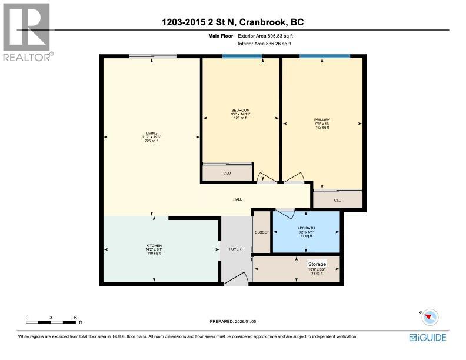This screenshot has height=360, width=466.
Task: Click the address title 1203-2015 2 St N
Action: click(x=232, y=23)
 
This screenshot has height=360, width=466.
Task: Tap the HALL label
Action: click(x=238, y=199)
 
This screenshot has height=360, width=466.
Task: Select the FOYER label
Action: click(x=235, y=249)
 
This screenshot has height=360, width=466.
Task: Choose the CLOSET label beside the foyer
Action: click(x=262, y=232)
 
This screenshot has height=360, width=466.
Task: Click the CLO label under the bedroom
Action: click(x=227, y=174)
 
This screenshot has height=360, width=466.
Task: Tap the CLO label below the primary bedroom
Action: click(x=337, y=200)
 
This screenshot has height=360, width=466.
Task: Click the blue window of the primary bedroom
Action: click(x=324, y=56)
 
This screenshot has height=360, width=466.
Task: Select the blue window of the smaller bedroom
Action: click(x=242, y=56)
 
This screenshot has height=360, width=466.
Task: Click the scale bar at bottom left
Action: click(x=52, y=322)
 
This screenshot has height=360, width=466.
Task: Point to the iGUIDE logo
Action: click(x=428, y=337)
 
